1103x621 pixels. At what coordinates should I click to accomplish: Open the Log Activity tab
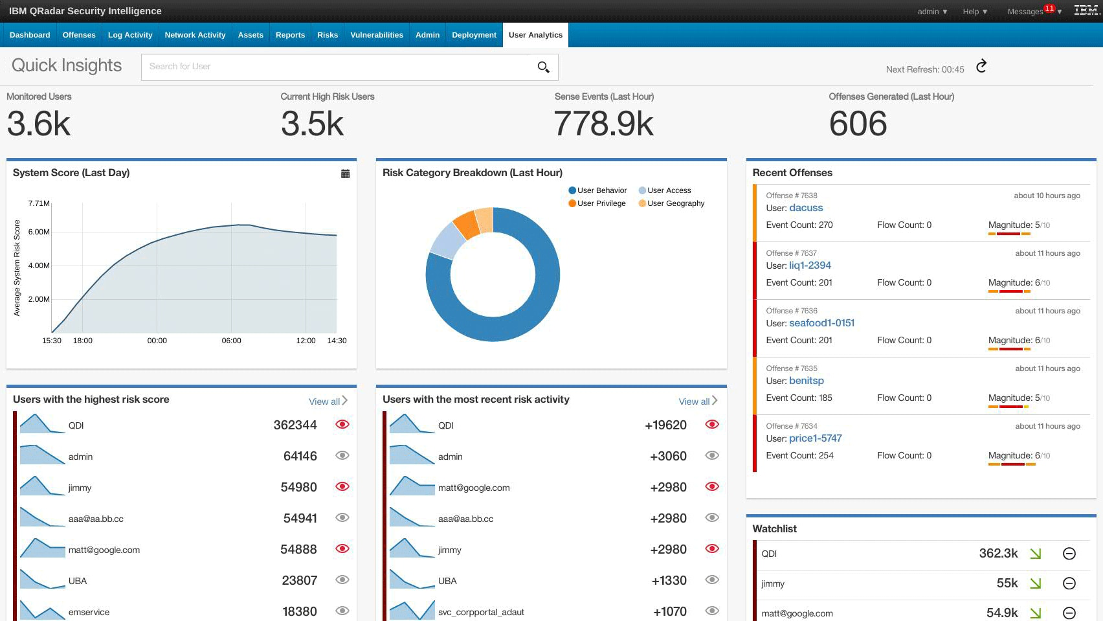pos(129,35)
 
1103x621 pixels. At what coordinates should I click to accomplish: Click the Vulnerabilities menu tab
pos(376,35)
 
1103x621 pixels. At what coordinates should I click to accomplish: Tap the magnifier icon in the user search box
pos(543,67)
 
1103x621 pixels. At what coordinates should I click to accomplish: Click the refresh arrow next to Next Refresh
pos(981,66)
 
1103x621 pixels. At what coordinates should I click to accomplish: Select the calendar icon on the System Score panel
pos(345,174)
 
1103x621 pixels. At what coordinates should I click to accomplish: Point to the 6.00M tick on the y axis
pos(39,232)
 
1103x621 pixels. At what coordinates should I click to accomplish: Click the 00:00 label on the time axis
pos(157,341)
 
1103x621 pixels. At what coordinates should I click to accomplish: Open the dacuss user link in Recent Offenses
pos(806,208)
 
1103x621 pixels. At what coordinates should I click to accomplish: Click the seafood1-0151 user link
pos(821,323)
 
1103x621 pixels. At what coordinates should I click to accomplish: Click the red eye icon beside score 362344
pos(342,424)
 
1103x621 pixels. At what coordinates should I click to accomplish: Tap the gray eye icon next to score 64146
pos(342,455)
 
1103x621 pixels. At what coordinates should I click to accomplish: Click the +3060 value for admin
pos(668,456)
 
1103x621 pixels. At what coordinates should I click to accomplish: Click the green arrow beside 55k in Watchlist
pos(1035,583)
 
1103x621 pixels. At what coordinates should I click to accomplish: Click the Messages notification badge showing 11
pos(1049,8)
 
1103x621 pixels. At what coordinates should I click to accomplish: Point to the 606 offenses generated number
pos(858,124)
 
